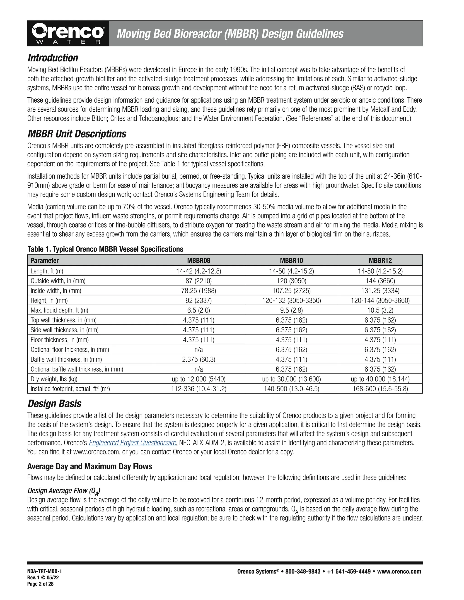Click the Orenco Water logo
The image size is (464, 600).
[68, 34]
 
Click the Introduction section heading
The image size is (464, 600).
[53, 58]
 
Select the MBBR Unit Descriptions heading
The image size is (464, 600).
[77, 134]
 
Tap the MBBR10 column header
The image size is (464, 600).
[291, 260]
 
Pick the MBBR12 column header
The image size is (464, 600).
[380, 260]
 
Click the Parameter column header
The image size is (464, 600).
[45, 260]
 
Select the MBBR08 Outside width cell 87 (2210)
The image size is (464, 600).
[198, 281]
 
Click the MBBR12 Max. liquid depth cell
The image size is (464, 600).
[380, 310]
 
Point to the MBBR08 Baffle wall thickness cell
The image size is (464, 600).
[198, 359]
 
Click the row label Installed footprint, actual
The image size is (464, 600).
[70, 389]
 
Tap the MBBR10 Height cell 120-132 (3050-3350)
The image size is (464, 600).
[291, 300]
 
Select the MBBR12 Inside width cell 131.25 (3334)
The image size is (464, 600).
[380, 291]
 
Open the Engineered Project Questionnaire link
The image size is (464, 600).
[133, 443]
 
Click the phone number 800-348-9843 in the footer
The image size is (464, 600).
[303, 572]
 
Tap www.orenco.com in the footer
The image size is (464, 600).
[399, 572]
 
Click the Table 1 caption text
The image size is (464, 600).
[105, 249]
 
